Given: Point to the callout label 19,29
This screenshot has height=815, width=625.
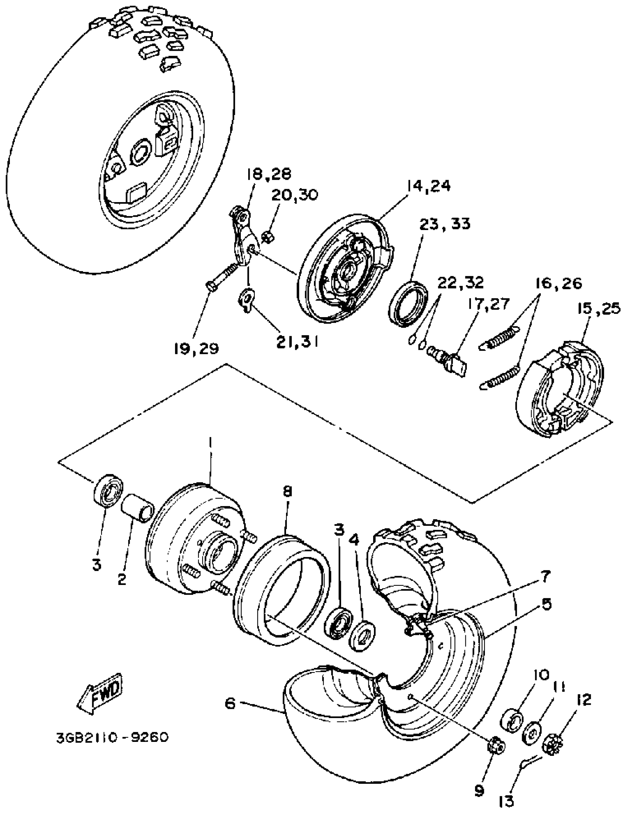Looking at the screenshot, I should click(196, 348).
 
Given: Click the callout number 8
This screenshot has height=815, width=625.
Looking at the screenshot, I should click(287, 492).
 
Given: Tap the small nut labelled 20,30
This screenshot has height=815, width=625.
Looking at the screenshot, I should click(268, 236).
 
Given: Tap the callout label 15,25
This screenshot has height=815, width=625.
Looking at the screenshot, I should click(599, 308).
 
